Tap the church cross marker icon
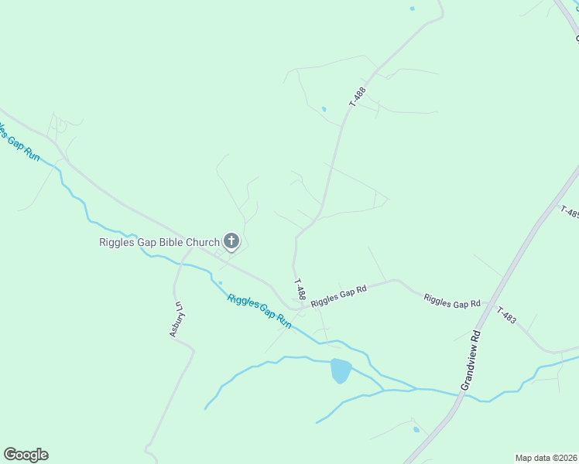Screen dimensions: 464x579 click(x=231, y=241)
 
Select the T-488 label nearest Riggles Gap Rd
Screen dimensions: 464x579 click(x=300, y=290)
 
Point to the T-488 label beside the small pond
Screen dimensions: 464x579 click(x=357, y=96)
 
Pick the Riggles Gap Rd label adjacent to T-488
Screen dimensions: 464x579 click(x=338, y=296)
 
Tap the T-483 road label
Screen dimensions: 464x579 click(x=506, y=315)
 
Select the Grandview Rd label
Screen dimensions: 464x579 click(x=471, y=362)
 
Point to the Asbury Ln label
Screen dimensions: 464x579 click(x=177, y=318)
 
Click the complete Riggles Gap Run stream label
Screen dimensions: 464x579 click(x=259, y=311)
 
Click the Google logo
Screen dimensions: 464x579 click(x=26, y=455)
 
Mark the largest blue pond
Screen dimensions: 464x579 click(x=341, y=370)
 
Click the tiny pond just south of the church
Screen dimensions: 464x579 click(x=221, y=282)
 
